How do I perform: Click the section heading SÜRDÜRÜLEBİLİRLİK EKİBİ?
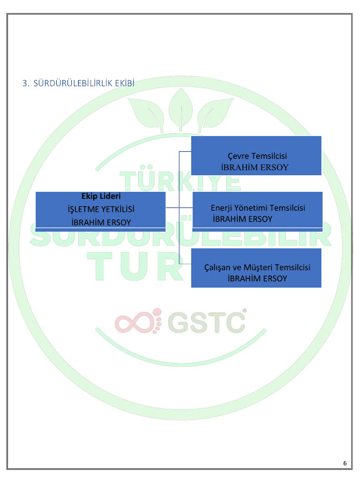(84, 83)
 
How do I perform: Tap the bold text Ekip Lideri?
(101, 196)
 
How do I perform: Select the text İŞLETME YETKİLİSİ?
(101, 209)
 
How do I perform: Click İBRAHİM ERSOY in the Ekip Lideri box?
(101, 222)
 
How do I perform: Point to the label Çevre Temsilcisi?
(257, 156)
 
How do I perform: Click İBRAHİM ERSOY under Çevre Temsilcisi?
(255, 167)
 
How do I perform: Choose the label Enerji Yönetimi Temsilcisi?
(257, 208)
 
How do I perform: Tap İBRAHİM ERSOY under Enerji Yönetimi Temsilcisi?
(242, 219)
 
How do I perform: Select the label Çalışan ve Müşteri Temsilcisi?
(257, 267)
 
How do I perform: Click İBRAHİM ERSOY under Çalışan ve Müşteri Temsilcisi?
(257, 278)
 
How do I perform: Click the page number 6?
(345, 463)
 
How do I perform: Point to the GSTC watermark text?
(206, 322)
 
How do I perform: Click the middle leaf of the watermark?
(181, 109)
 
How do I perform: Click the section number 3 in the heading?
(25, 83)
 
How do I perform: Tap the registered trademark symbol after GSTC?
(244, 311)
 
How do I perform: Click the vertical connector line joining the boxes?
(179, 207)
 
